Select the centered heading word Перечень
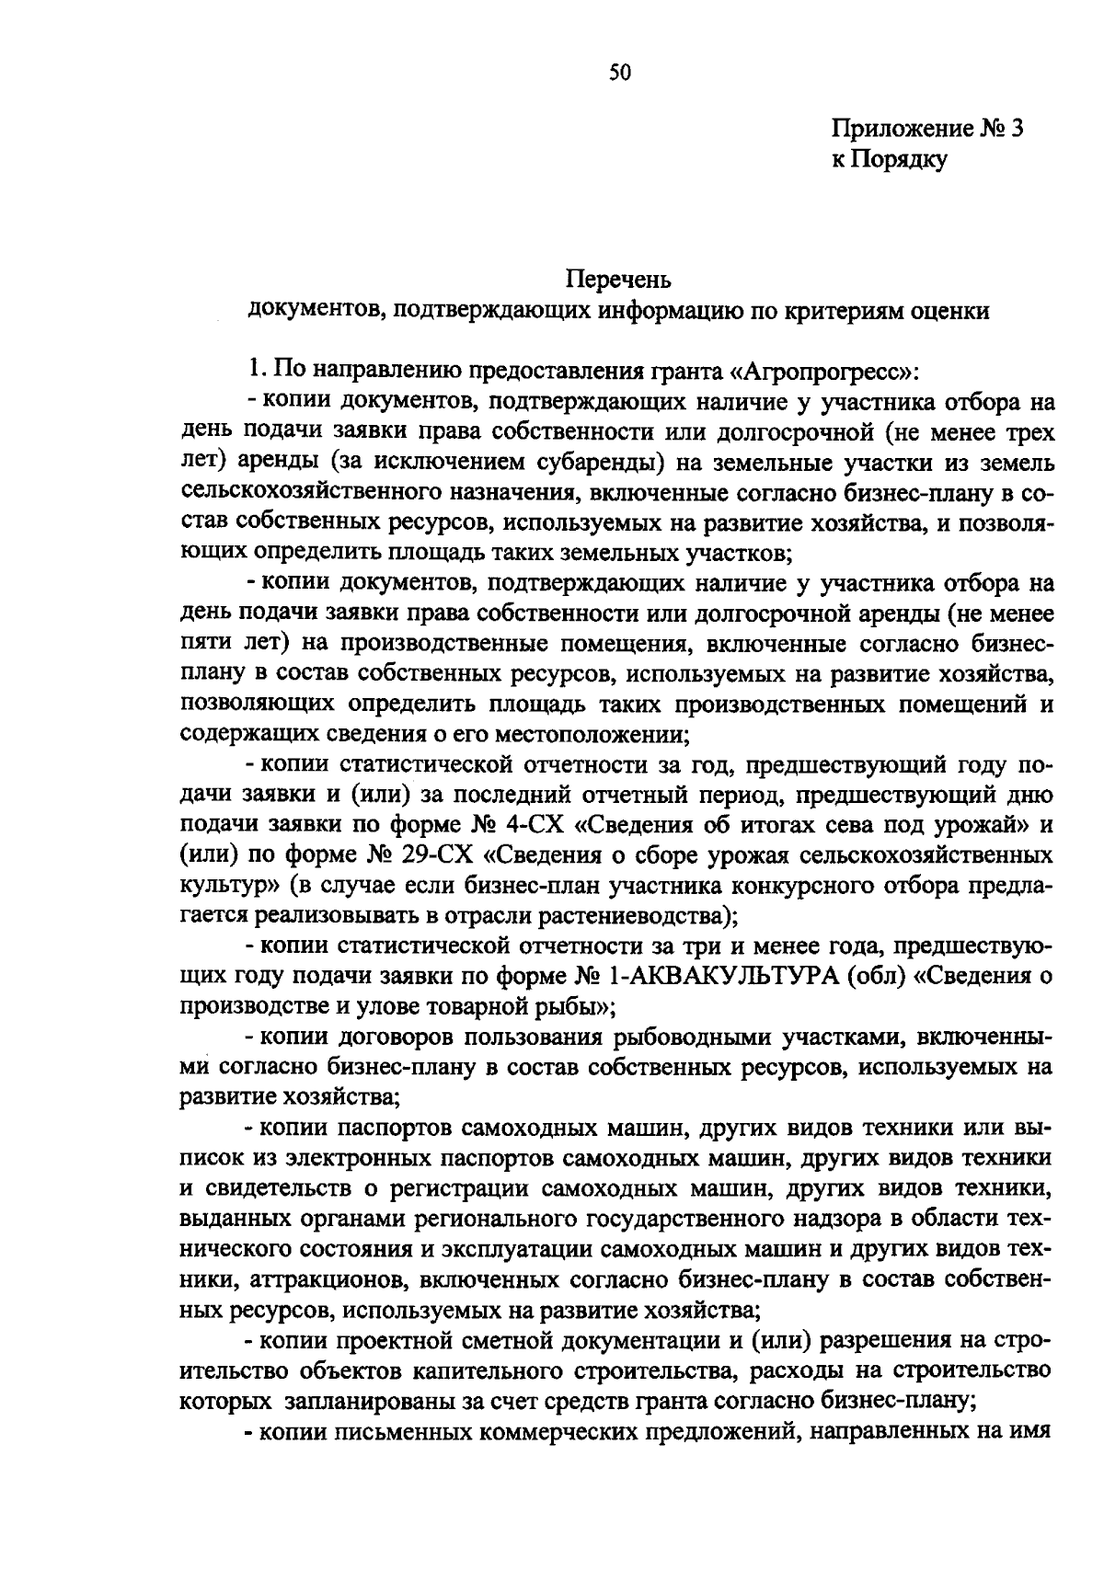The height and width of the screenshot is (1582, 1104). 618,278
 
